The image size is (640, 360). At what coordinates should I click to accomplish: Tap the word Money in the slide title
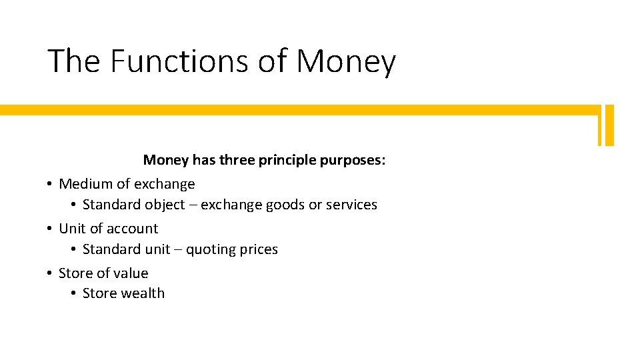[345, 62]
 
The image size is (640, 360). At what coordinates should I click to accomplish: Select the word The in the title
[74, 61]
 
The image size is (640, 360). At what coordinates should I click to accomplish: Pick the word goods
[285, 205]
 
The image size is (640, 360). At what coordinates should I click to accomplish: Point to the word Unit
[72, 229]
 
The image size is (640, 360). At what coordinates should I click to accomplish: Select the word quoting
[210, 250]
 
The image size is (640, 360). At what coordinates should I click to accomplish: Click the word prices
[259, 250]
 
